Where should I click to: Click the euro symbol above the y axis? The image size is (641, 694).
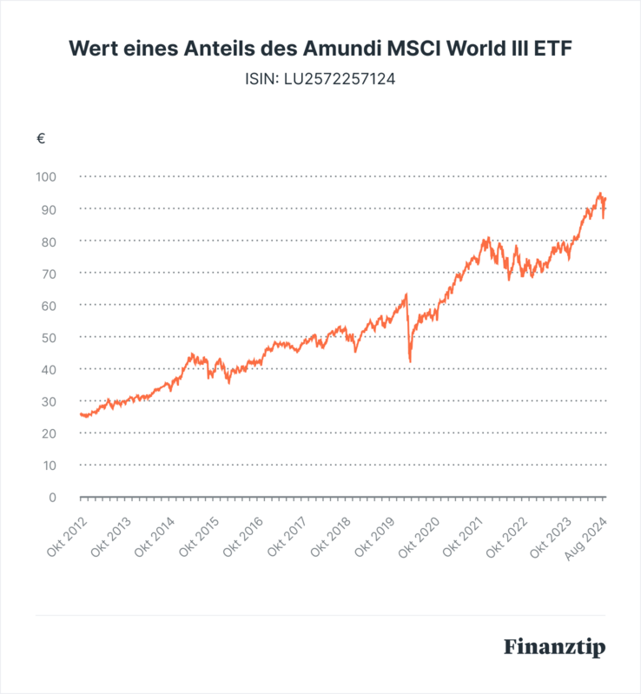point(41,139)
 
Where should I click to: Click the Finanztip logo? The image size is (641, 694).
point(554,648)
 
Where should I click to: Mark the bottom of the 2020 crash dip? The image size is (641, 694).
point(410,361)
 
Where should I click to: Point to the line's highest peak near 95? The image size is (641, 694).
point(599,194)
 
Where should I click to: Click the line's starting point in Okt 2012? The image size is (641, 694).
point(81,414)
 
